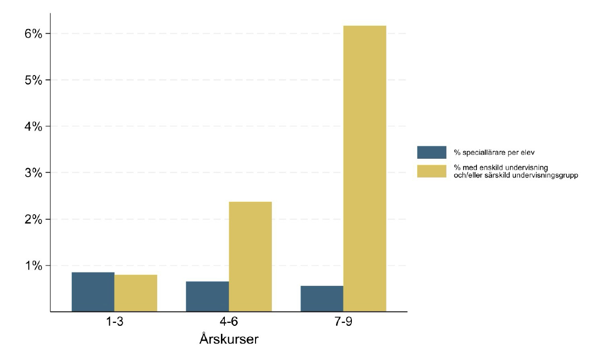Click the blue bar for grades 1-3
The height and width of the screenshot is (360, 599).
[x=93, y=292]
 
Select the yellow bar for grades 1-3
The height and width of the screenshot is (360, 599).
[x=135, y=293]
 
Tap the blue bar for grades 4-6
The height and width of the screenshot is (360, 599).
[x=207, y=296]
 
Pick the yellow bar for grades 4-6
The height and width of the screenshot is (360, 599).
[x=250, y=256]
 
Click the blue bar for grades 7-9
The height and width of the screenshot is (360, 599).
[x=322, y=299]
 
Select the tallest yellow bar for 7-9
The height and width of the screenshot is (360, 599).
[x=365, y=168]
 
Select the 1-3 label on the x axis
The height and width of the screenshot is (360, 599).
[x=114, y=322]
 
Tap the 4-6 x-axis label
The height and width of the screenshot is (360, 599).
[x=229, y=322]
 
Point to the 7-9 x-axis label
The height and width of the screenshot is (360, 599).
[x=343, y=322]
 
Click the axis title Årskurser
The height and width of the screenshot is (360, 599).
[x=229, y=340]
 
